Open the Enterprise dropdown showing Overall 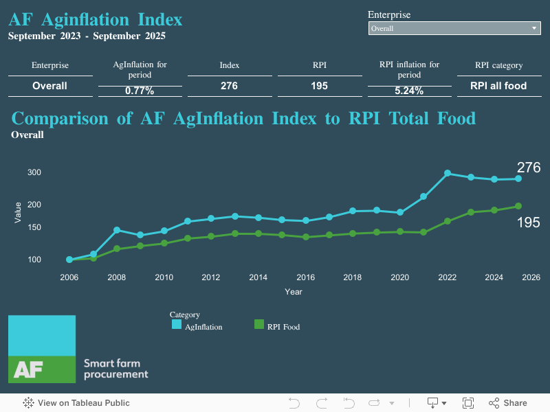454,28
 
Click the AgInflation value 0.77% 140,91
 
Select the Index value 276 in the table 230,86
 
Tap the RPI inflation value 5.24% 409,91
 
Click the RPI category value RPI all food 498,86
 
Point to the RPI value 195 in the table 319,86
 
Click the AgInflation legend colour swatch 177,325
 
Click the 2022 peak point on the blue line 448,173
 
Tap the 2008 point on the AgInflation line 117,230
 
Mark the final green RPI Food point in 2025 518,206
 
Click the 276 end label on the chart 528,168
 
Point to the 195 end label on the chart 528,222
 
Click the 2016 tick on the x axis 305,277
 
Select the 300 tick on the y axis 34,172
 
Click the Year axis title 294,292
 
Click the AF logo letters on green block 28,369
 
